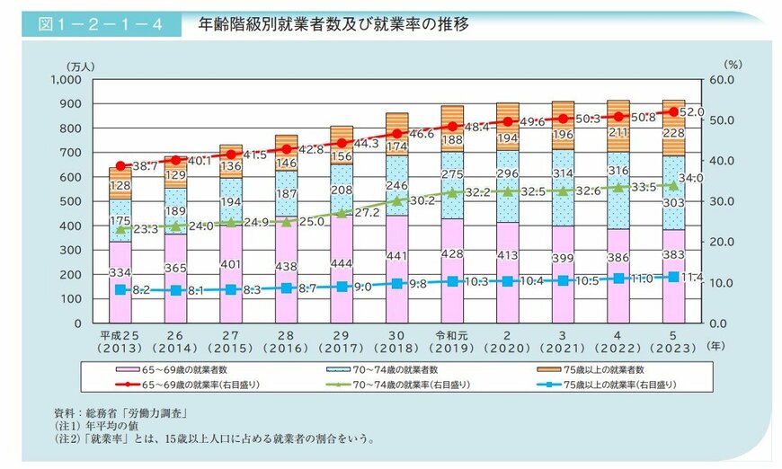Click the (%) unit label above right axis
pyautogui.click(x=733, y=65)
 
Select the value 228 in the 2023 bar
pyautogui.click(x=672, y=132)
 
